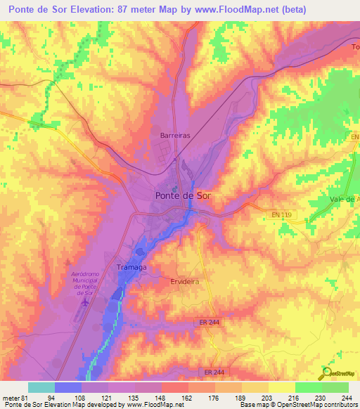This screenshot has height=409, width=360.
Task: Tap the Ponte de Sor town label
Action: tap(184, 196)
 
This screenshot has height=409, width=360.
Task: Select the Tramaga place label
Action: tap(131, 268)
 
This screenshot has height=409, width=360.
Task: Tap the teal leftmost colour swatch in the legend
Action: tap(41, 388)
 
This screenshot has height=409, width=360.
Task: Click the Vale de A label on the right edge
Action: tap(345, 200)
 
